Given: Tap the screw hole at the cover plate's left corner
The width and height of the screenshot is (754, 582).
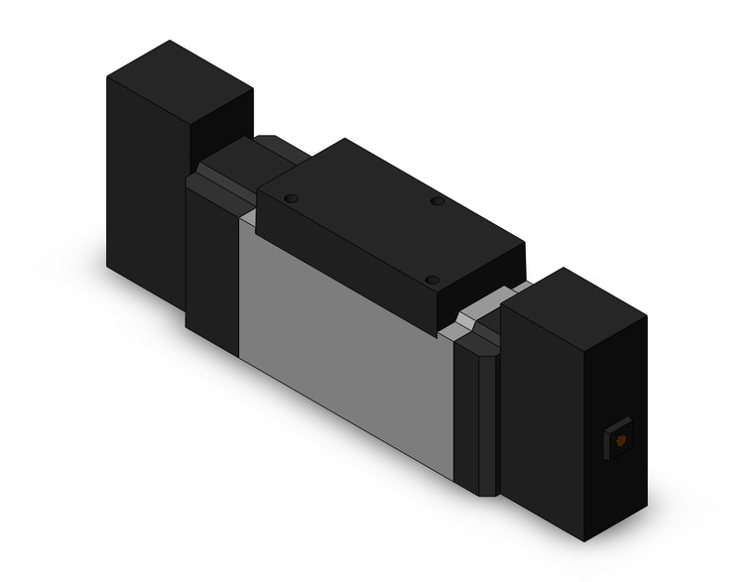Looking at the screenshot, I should [291, 199].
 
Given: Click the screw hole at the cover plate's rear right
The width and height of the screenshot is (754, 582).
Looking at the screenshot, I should [438, 201].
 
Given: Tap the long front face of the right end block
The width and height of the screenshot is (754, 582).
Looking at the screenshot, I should [541, 416].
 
